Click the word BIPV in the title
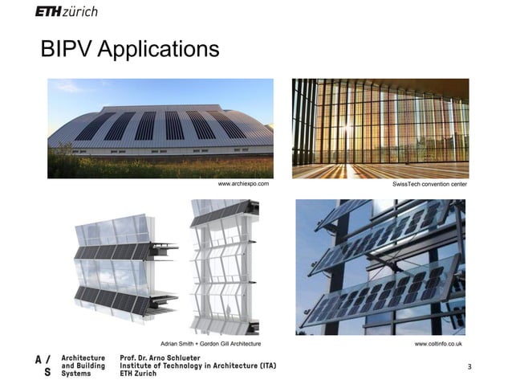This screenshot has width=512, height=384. [x=68, y=50]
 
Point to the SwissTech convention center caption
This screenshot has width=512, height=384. [x=429, y=184]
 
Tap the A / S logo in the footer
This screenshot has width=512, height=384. [x=44, y=366]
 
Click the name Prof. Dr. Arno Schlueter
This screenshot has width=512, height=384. [x=163, y=357]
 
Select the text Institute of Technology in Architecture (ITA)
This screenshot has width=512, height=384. [x=197, y=366]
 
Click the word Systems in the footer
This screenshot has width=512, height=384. [x=77, y=374]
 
